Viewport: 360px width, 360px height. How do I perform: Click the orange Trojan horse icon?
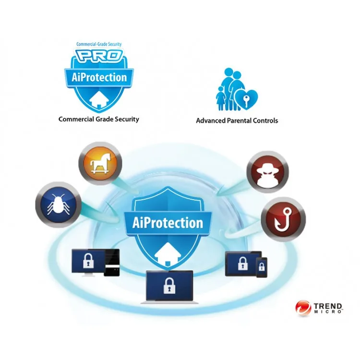coord(100,164)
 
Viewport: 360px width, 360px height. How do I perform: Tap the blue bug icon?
coord(58,205)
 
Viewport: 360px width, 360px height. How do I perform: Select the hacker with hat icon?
coord(268,172)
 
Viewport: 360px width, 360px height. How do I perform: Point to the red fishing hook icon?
coord(283,219)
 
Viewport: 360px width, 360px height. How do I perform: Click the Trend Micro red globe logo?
coord(303,308)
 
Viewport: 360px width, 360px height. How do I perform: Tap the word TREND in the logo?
coord(328,306)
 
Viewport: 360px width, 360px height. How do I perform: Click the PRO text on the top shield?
coord(99,55)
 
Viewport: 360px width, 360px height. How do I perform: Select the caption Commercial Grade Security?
coord(99,119)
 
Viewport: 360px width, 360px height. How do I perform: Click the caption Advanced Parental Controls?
coord(237,120)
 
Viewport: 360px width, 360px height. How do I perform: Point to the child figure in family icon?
coord(221,98)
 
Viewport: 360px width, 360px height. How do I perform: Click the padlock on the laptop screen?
coord(169,286)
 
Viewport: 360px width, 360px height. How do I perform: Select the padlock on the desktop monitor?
coord(88,261)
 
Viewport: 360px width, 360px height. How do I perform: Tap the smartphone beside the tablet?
coord(262,267)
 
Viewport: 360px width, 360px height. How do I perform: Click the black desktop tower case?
coord(112,263)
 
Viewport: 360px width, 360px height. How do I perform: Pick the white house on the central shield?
coord(168,254)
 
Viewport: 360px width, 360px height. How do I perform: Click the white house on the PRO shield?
coord(99,100)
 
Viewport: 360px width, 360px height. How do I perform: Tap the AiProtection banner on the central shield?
coord(168,223)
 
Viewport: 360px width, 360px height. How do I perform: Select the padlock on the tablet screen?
coord(243,264)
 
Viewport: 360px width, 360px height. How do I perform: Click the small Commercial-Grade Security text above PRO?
coord(99,44)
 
